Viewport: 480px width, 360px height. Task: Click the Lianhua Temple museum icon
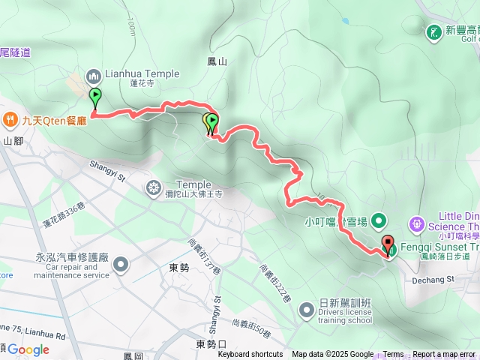[94, 75]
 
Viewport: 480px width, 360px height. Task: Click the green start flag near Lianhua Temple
[95, 97]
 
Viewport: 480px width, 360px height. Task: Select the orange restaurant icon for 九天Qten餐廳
[10, 118]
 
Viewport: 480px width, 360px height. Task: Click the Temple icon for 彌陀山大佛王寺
[154, 186]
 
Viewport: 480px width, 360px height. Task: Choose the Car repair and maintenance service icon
[121, 264]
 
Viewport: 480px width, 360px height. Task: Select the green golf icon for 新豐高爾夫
[433, 31]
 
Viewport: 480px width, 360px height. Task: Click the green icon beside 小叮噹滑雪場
[379, 221]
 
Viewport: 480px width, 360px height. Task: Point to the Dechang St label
[431, 280]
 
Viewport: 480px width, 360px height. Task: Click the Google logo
[28, 349]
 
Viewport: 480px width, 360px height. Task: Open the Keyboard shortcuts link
[250, 355]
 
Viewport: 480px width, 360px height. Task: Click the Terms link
[393, 355]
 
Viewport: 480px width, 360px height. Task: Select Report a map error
[444, 355]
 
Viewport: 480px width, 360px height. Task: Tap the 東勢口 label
[211, 344]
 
